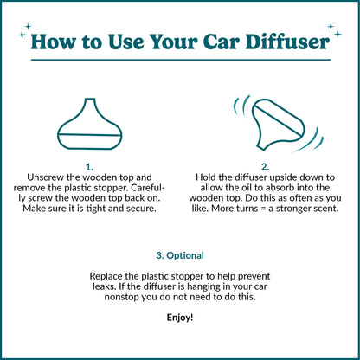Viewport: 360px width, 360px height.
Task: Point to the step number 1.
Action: coord(90,165)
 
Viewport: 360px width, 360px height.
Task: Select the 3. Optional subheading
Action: coord(180,255)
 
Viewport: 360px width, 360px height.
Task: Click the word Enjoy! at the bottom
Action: coord(180,318)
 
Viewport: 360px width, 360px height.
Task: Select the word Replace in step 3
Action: coord(109,276)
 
